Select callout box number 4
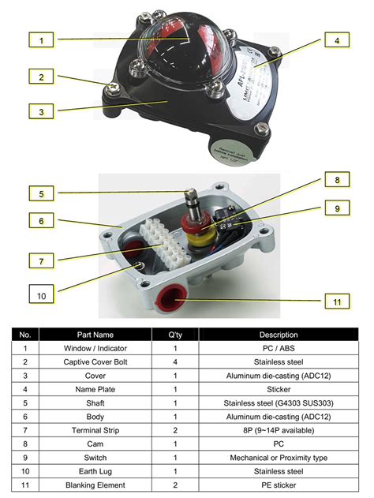pyautogui.click(x=336, y=39)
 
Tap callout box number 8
pyautogui.click(x=336, y=180)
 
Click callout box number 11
pyautogui.click(x=336, y=301)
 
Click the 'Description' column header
pyautogui.click(x=279, y=335)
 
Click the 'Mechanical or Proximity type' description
pyautogui.click(x=279, y=458)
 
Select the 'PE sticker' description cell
pyautogui.click(x=279, y=485)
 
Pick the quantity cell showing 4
pyautogui.click(x=174, y=361)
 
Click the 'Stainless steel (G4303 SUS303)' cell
pyautogui.click(x=279, y=403)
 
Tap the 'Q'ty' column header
pyautogui.click(x=174, y=335)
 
